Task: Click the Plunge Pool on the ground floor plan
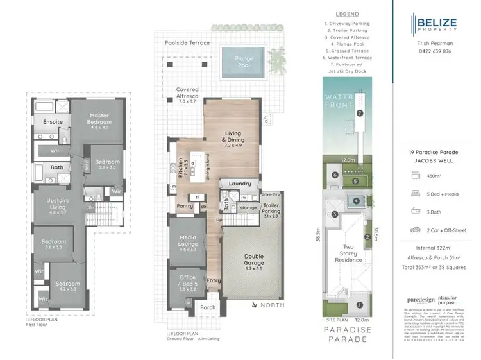(244, 63)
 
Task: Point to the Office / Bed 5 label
(187, 282)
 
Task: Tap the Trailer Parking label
(270, 209)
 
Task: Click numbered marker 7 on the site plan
(360, 113)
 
